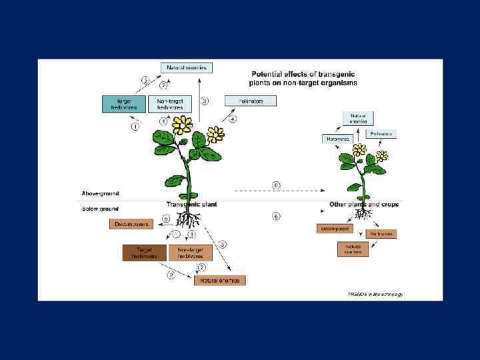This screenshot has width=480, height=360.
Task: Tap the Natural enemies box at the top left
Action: point(187,67)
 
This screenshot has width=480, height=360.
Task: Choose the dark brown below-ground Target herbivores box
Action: point(144,253)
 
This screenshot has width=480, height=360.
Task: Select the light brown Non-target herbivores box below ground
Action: point(190,253)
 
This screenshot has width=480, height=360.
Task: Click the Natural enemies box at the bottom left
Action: point(220,281)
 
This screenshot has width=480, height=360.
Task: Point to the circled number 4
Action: point(232,119)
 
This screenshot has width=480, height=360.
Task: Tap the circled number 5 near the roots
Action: point(167,219)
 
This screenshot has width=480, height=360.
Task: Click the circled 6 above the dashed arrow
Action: point(276,185)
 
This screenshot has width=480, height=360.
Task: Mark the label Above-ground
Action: point(100,193)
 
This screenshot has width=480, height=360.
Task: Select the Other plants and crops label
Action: point(364,204)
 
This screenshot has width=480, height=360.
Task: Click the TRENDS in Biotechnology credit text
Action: point(375,294)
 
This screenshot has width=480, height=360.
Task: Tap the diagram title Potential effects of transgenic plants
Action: point(303,79)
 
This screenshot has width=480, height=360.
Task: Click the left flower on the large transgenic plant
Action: point(181,124)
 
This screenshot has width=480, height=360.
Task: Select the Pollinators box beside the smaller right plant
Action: point(381,134)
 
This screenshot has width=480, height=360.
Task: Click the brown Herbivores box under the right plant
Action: point(381,234)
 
